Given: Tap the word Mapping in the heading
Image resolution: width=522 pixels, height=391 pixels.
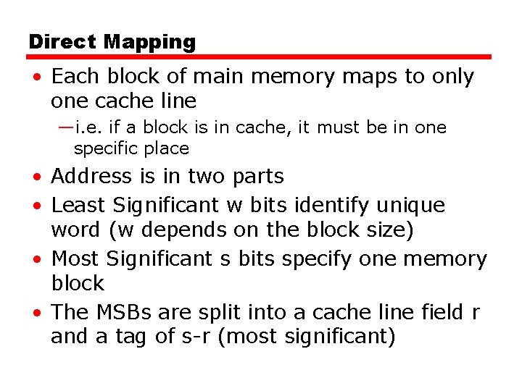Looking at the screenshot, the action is pos(149,43).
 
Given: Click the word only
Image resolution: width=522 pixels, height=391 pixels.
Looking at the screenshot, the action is pos(451,77).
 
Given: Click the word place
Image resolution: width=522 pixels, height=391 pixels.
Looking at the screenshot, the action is pos(166,149).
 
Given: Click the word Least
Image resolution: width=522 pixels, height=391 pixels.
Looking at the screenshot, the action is pos(78,206).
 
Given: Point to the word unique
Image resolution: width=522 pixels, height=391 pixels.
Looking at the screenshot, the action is pos(410,206).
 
